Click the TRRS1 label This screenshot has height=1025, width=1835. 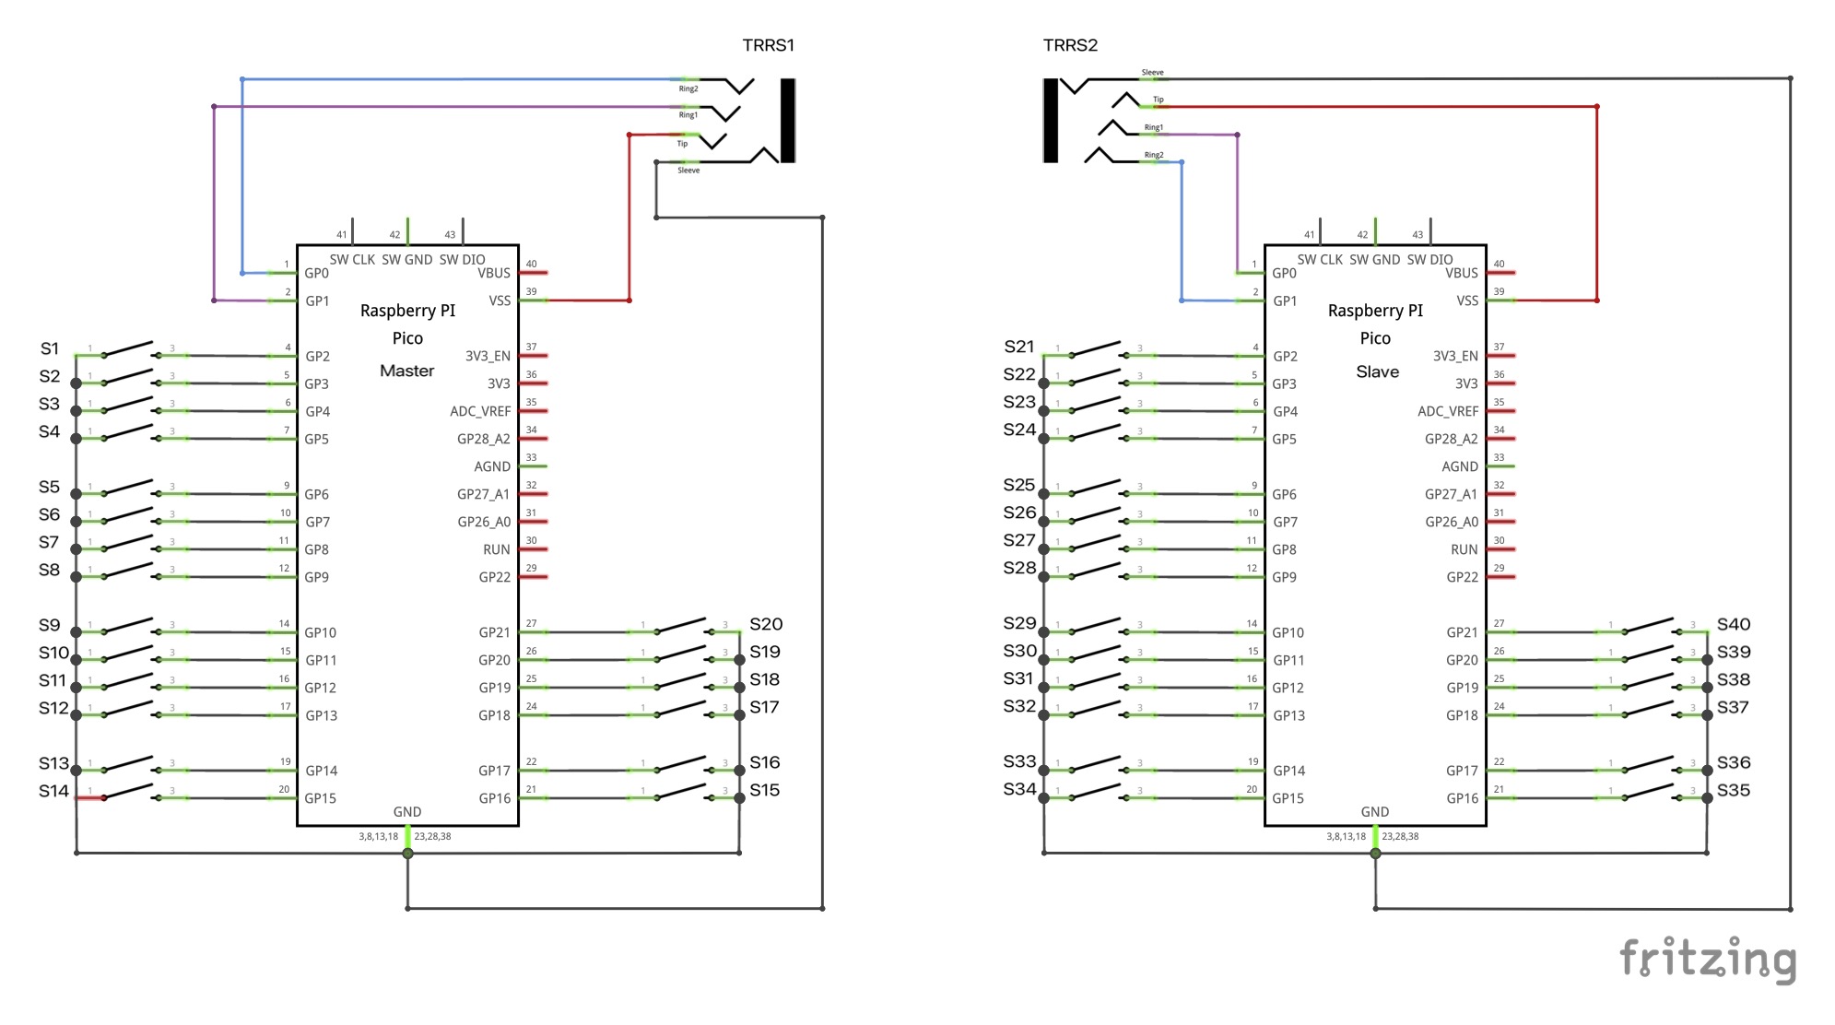pos(768,45)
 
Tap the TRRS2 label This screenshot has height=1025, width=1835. pos(1070,45)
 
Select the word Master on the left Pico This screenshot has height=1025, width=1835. pos(406,371)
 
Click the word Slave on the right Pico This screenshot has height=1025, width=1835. pos(1377,371)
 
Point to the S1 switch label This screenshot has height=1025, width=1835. pos(50,348)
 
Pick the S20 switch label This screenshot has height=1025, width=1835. pos(766,624)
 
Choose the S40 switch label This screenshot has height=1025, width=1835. pos(1734,624)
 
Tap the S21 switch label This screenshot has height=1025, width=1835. pos(1018,347)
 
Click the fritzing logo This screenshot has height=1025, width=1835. pos(1708,960)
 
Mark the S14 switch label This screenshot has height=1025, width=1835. pos(53,791)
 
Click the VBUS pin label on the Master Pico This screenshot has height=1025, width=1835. pos(494,273)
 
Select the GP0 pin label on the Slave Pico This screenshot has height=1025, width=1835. pos(1284,273)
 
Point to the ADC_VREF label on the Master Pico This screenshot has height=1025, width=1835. pos(479,411)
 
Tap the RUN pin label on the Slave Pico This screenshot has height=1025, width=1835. pos(1464,549)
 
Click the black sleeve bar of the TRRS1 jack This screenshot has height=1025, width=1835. pos(787,120)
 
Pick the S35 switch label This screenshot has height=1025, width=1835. pos(1734,790)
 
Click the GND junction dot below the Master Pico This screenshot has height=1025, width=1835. pos(407,854)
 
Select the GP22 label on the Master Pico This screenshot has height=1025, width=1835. pos(494,577)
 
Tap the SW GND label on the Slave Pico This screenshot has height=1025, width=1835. pos(1374,260)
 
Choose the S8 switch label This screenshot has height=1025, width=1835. pos(50,570)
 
